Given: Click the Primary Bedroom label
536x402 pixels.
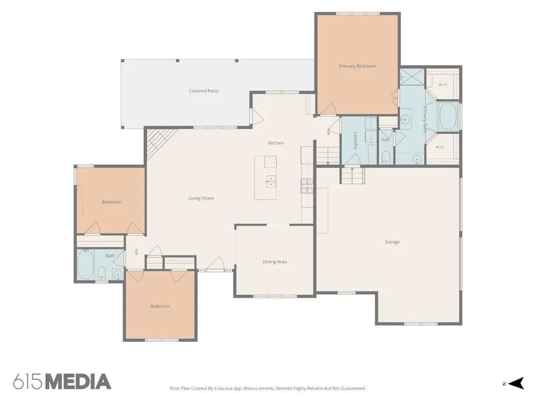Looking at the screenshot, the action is [357, 66].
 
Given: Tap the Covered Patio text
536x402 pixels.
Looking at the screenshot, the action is [204, 91].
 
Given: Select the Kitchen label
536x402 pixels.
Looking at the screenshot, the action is [275, 143].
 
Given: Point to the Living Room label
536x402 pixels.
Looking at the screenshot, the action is [201, 198].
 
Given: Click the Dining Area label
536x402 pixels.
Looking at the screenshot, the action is [274, 262].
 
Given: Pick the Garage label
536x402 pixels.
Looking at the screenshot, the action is [392, 242].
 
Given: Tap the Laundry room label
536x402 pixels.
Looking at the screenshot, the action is [355, 140].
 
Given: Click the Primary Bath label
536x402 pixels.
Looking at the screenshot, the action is [425, 119].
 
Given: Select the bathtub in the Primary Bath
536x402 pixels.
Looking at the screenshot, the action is [448, 117].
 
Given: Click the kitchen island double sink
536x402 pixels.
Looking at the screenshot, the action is [271, 181].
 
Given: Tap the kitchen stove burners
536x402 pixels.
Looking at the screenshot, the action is [307, 186].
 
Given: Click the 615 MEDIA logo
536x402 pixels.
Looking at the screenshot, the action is [62, 382].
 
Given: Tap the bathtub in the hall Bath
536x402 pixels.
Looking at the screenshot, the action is [85, 265].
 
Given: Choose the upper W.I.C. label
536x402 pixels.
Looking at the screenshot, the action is [443, 84].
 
